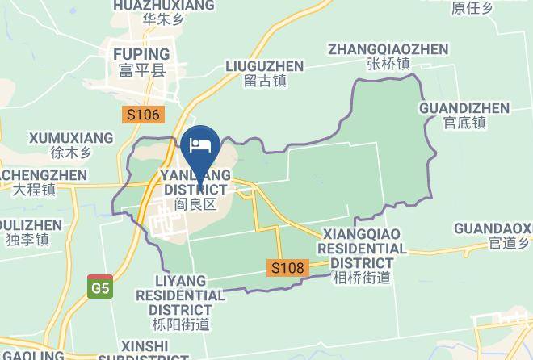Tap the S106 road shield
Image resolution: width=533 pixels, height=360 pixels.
click(143, 115)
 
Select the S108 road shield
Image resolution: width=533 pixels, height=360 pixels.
click(287, 267)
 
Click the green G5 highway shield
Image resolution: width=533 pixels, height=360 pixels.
click(100, 287)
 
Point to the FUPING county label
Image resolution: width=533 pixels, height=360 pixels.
click(136, 53)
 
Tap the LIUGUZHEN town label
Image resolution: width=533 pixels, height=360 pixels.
click(264, 65)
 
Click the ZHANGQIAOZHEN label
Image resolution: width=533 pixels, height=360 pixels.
click(388, 49)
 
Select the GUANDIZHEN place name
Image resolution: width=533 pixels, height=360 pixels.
click(464, 108)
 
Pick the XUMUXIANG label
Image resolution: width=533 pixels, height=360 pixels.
click(71, 138)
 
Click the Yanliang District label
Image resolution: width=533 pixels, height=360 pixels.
click(195, 182)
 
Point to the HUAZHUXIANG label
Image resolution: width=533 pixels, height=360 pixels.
click(165, 6)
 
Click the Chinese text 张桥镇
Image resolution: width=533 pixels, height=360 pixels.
click(388, 64)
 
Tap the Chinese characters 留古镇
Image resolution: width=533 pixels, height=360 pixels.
click(264, 81)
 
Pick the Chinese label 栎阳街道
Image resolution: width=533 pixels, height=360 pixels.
click(180, 324)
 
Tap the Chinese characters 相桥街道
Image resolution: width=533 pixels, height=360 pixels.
click(361, 277)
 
